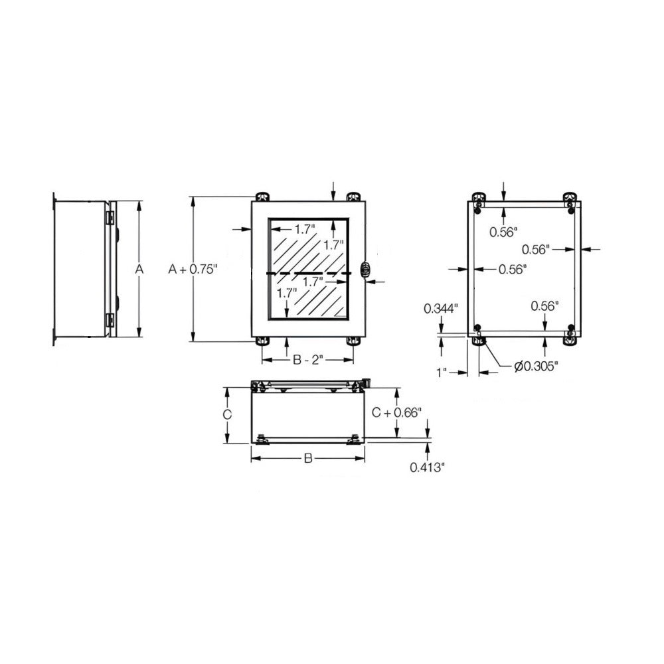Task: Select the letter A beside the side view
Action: (x=139, y=269)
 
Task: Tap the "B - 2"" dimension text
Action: (x=307, y=360)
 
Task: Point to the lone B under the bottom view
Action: (x=307, y=458)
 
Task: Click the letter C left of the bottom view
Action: (x=226, y=414)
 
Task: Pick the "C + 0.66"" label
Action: (x=396, y=412)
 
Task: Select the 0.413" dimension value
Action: (x=426, y=467)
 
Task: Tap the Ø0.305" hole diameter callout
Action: (x=535, y=365)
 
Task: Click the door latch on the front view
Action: (x=364, y=270)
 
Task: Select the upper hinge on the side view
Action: (x=110, y=217)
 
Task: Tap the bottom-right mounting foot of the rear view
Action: (x=570, y=339)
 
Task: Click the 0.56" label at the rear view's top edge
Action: (x=503, y=231)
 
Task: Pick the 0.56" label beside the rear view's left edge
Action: (x=513, y=269)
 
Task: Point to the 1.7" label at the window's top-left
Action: (x=305, y=230)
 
